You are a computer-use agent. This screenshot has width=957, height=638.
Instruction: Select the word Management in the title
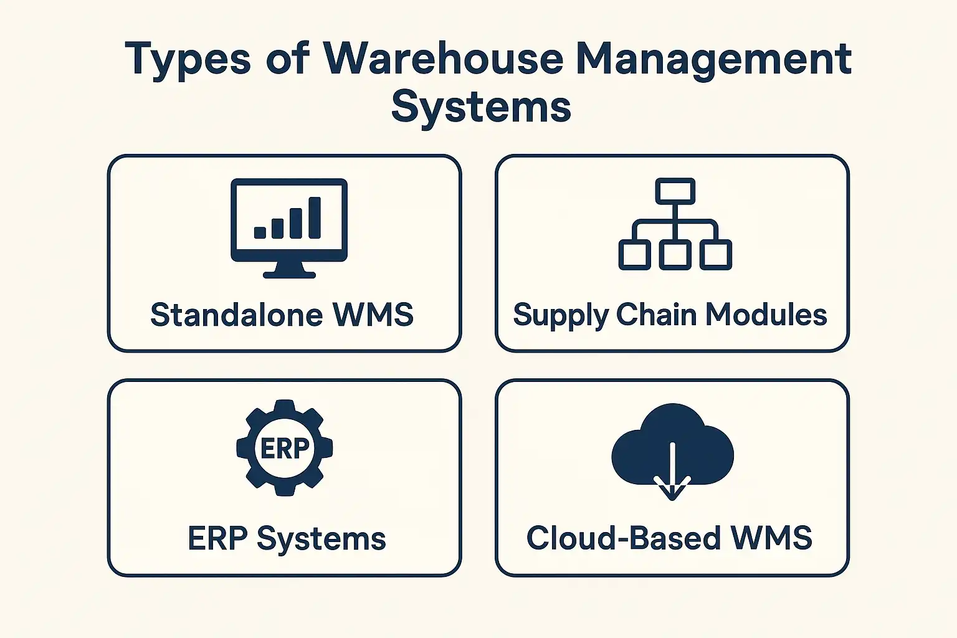[714, 60]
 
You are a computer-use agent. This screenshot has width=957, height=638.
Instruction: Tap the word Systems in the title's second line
[481, 107]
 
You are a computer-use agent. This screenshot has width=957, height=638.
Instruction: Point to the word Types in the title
[188, 60]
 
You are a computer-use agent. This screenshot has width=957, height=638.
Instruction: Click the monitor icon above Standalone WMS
[289, 228]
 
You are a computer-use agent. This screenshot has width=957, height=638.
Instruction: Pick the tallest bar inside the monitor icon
[315, 217]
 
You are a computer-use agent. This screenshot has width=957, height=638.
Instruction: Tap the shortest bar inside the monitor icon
[260, 232]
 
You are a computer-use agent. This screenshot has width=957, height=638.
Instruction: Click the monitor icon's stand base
[289, 275]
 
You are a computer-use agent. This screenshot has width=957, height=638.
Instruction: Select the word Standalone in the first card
[237, 315]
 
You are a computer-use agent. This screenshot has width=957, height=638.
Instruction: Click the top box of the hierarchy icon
[675, 191]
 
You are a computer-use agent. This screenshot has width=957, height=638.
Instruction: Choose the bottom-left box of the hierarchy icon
[635, 255]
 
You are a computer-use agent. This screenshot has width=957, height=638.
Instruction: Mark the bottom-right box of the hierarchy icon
[716, 255]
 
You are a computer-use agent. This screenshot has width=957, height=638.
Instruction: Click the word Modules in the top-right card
[766, 315]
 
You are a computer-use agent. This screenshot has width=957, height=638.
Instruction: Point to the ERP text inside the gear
[285, 448]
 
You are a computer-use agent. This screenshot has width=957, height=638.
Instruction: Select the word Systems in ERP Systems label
[321, 540]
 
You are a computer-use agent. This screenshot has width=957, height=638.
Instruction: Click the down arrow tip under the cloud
[672, 499]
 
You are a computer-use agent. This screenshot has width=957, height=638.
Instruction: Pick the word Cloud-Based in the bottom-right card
[623, 538]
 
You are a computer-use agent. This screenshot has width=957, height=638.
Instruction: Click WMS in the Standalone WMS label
[373, 315]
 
